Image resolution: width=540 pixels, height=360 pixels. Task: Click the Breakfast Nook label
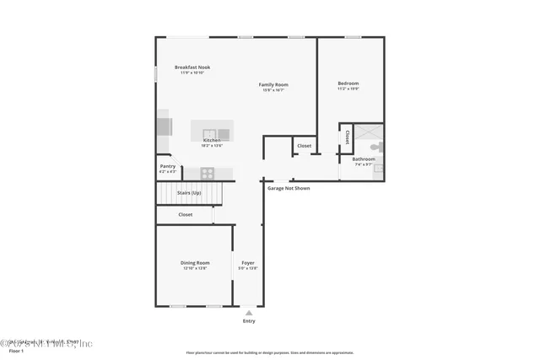pos(192,67)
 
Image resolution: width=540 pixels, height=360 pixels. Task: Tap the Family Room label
pos(273,84)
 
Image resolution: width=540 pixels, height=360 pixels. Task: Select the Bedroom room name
pos(348,83)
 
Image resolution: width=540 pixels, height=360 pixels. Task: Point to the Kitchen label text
pos(211,140)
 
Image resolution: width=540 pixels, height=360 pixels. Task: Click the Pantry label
pos(168,166)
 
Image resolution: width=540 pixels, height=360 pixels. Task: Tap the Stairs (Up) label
pos(189,193)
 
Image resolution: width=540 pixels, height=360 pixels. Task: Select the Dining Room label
pos(195,263)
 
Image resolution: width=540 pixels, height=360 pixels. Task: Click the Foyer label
pos(248,263)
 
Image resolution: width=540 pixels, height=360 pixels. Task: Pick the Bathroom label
pos(364,159)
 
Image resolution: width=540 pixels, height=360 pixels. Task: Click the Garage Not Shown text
pos(289,188)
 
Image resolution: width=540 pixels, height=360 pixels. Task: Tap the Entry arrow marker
pos(248,312)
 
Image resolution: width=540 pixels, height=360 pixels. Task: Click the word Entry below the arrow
pos(248,320)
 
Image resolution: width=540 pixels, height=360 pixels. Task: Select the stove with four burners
pos(207,173)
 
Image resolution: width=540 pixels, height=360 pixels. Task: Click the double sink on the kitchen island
pos(209,132)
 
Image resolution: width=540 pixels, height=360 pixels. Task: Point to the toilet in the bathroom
pos(376,147)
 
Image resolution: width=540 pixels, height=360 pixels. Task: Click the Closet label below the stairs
pos(185,214)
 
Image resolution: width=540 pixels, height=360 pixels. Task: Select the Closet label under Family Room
pos(304,146)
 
